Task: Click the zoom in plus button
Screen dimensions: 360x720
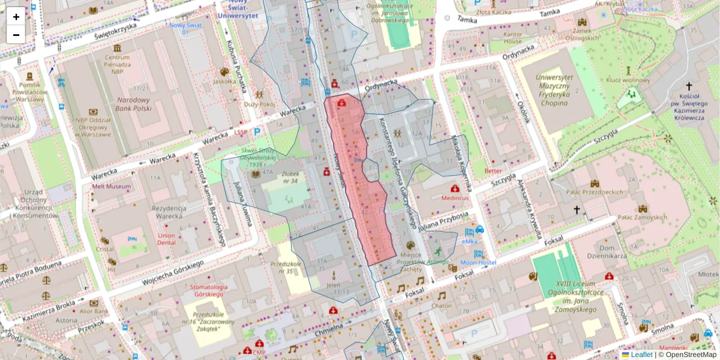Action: click(x=16, y=17)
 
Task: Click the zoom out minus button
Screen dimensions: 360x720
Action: click(x=16, y=34)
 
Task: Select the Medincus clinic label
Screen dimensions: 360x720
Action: click(x=454, y=196)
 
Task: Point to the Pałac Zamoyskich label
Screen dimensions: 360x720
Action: click(x=643, y=217)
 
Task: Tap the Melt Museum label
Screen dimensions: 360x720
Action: click(x=111, y=187)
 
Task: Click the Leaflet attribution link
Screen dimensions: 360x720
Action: click(x=641, y=355)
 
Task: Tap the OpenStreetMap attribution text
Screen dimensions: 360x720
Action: click(x=691, y=355)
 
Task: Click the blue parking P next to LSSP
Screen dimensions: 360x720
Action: click(x=257, y=131)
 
